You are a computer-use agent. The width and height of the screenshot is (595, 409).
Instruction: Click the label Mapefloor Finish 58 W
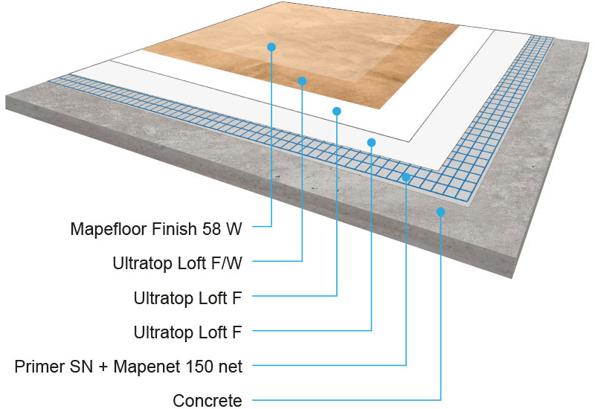(x=156, y=228)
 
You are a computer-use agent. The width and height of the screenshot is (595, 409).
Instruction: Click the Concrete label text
(x=208, y=401)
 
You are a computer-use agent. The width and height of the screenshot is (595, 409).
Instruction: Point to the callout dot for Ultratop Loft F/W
(x=302, y=80)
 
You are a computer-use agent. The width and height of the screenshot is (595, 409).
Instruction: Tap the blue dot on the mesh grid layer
(x=406, y=177)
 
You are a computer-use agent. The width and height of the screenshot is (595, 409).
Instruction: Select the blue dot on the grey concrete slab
(x=441, y=212)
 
